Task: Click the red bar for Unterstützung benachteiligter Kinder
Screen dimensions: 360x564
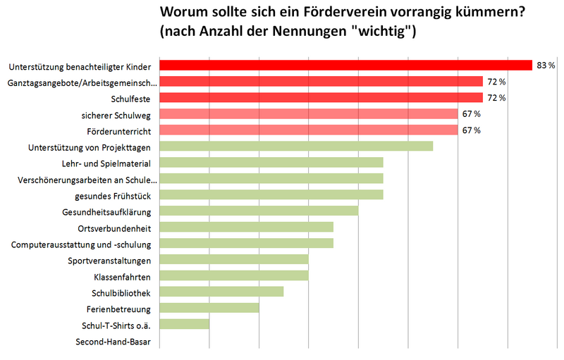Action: click(x=345, y=66)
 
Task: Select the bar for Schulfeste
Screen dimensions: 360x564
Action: click(x=321, y=98)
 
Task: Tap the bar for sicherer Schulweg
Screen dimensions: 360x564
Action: click(x=309, y=114)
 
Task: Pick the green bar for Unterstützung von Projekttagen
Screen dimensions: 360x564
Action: click(x=296, y=147)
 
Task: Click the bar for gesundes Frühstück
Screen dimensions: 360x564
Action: click(x=271, y=194)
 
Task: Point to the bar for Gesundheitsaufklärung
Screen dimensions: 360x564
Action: click(x=259, y=211)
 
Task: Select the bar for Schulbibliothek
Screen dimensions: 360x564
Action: click(x=221, y=292)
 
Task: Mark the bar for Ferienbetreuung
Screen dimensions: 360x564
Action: click(x=209, y=308)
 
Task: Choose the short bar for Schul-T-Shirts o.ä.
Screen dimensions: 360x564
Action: click(x=185, y=324)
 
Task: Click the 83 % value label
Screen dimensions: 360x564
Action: click(x=546, y=66)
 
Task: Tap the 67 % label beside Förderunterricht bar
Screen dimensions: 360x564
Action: click(x=472, y=130)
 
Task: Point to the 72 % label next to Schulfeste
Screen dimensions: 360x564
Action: click(x=496, y=98)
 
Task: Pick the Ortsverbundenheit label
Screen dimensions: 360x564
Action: click(x=116, y=228)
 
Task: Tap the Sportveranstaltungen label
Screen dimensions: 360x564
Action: click(x=110, y=260)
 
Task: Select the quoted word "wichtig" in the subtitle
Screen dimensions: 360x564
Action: click(x=385, y=32)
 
